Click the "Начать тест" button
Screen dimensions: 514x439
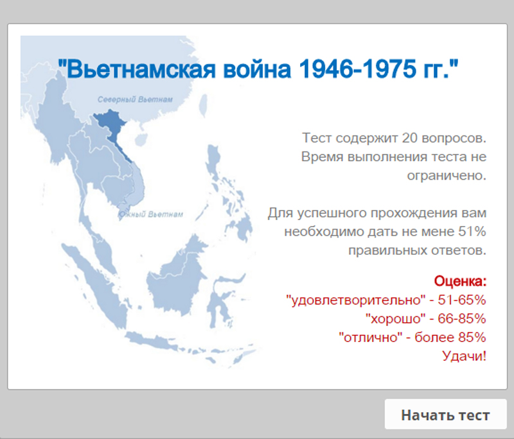tap(445, 414)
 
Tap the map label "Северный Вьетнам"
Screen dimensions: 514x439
tap(135, 99)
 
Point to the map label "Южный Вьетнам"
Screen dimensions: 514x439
tap(150, 214)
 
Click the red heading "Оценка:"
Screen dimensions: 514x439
tap(460, 281)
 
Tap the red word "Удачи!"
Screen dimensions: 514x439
tap(464, 356)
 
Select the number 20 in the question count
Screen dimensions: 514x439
tap(410, 138)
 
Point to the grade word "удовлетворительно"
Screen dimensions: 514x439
tap(356, 300)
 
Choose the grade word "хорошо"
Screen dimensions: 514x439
tap(396, 318)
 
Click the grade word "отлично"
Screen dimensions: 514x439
tap(371, 337)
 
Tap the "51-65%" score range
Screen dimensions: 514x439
tap(461, 300)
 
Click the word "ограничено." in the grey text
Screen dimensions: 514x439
tap(447, 176)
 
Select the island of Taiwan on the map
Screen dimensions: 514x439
tap(203, 105)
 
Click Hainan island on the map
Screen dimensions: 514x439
tap(141, 139)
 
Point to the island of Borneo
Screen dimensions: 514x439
tap(177, 279)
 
